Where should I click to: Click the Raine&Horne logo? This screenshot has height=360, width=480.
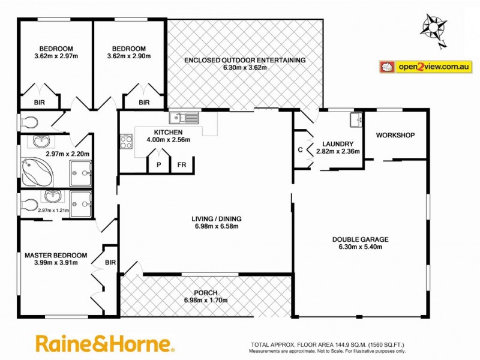click(105, 344)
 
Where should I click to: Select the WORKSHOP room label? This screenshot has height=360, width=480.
click(395, 135)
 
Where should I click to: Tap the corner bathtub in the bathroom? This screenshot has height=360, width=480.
click(38, 172)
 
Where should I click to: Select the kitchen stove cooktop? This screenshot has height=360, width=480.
click(127, 142)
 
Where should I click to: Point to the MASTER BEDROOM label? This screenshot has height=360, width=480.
click(56, 255)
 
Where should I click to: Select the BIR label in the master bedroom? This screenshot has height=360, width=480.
click(110, 262)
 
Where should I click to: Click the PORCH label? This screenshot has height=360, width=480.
click(206, 293)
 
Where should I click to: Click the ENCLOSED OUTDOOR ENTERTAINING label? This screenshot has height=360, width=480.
click(245, 60)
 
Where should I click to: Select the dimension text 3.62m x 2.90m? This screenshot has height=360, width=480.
click(128, 56)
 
